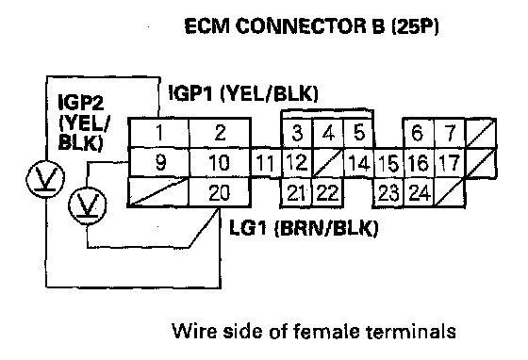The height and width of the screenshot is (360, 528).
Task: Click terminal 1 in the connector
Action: (x=158, y=132)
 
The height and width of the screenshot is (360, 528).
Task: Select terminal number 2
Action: (x=220, y=132)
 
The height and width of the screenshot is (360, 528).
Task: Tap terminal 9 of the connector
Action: (x=158, y=162)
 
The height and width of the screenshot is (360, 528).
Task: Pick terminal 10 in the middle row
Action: (x=220, y=162)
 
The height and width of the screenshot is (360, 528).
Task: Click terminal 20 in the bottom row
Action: (x=220, y=192)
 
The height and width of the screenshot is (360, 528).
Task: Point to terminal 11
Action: (x=266, y=163)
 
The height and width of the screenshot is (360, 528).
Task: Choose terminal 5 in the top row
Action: (x=358, y=132)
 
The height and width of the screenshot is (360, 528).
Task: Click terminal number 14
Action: (x=359, y=163)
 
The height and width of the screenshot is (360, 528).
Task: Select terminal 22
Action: (x=328, y=192)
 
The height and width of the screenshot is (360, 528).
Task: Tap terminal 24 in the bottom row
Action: (x=420, y=192)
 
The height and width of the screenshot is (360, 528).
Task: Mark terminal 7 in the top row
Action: (x=450, y=132)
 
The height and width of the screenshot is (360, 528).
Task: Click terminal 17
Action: (x=450, y=163)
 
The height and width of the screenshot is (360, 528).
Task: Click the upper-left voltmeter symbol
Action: (x=45, y=179)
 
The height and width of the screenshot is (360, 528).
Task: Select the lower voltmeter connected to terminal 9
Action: (x=88, y=205)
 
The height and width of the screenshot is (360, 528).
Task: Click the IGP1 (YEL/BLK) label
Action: (x=243, y=93)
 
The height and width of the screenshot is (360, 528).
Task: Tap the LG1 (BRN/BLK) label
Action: (x=304, y=228)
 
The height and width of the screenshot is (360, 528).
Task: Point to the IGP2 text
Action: (x=81, y=102)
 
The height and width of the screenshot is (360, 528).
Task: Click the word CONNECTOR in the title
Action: (x=300, y=25)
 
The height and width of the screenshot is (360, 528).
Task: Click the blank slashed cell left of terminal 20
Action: (x=158, y=192)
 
